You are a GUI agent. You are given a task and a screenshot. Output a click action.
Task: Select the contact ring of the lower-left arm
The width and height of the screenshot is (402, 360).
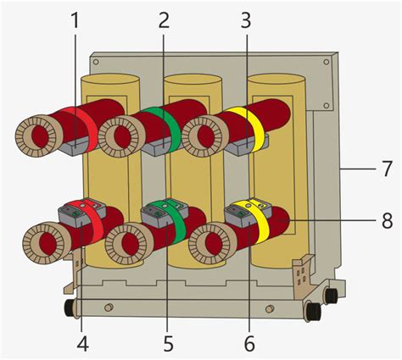coord(46,241)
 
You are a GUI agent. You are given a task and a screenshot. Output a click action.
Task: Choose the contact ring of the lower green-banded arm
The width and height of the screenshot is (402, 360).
coord(128,244)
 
